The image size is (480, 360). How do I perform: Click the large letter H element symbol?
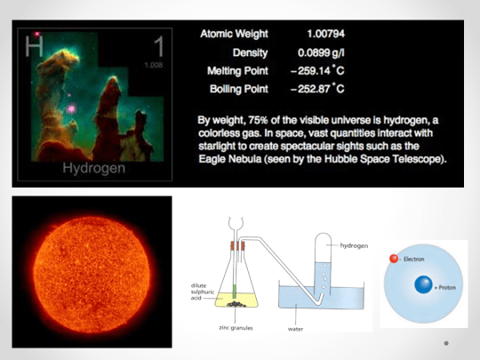pos(34,44)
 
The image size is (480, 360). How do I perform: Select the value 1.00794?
pos(319,33)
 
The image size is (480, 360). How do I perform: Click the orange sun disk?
pos(91,271)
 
